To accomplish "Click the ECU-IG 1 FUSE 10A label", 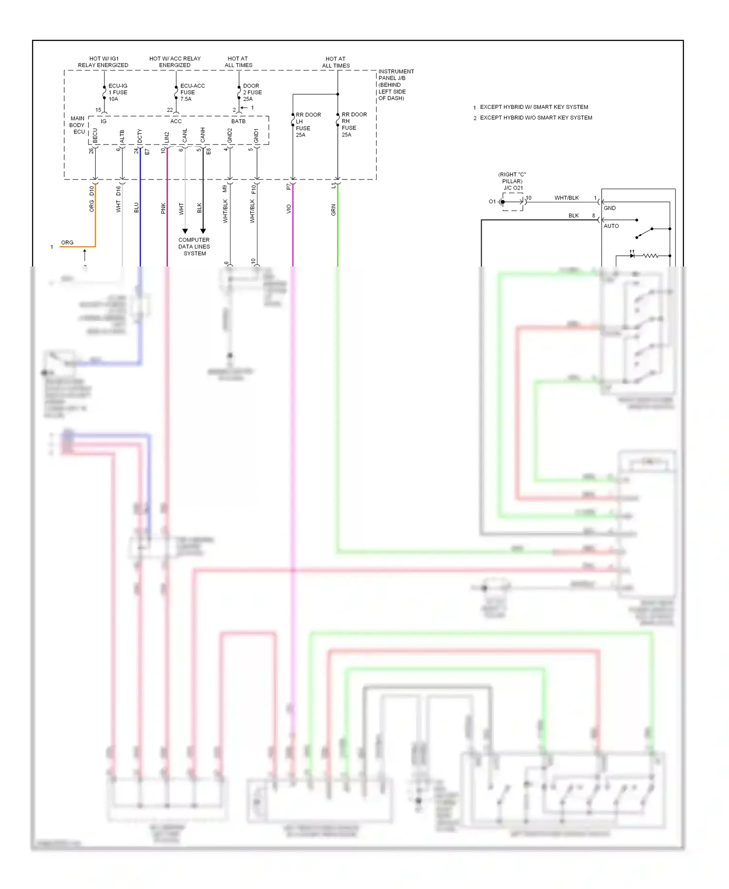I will pos(117,92).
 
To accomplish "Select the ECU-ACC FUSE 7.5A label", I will pos(192,92).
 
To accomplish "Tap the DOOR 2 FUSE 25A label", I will pos(252,92).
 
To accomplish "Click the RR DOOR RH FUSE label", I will pos(354,124).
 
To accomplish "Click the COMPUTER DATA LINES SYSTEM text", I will pos(194,247).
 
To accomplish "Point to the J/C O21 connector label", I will pos(513,188).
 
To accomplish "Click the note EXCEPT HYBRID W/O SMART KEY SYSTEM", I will pos(536,118).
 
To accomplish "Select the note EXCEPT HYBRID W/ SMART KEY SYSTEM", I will pos(534,107).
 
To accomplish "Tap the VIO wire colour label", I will pos(289,209).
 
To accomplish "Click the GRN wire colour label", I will pos(333,210).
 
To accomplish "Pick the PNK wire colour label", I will pos(163,208).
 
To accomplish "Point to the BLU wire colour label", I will pos(137,208).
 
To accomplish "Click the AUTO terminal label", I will pos(611,226).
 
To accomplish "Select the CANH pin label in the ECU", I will pos(203,135).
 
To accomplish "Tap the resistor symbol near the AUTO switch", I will pos(650,255).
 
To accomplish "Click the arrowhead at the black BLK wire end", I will pos(203,231).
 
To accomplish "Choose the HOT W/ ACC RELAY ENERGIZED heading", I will pos(175,62).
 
